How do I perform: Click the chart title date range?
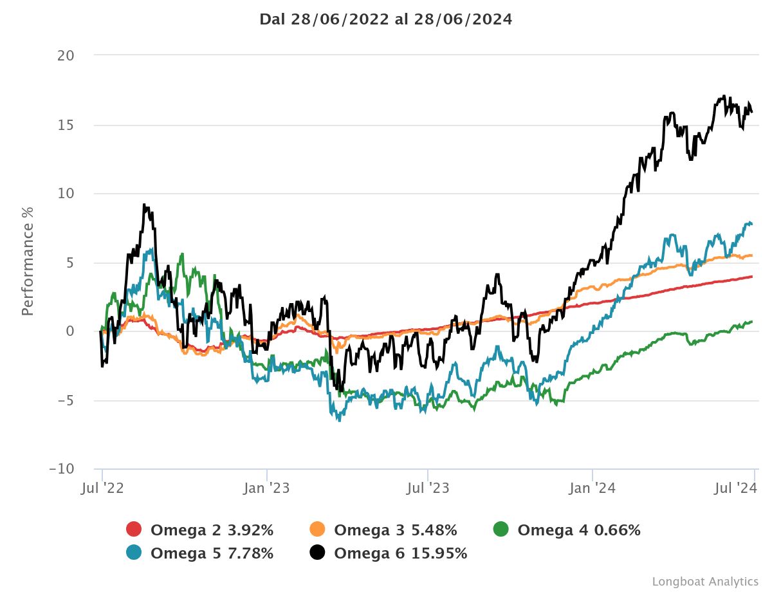click(386, 19)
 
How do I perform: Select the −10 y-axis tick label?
click(62, 469)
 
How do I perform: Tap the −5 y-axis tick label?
click(66, 400)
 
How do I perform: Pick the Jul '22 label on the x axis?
click(102, 488)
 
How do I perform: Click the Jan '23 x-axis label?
click(267, 488)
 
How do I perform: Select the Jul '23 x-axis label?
click(428, 488)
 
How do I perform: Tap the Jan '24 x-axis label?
click(593, 488)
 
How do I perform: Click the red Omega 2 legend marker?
click(134, 530)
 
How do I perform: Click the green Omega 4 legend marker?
click(501, 530)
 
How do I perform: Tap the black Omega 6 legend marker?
click(317, 553)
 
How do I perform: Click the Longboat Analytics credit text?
click(705, 581)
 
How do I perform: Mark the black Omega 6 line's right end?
click(751, 113)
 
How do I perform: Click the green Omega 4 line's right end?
click(751, 322)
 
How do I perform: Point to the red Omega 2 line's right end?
click(751, 277)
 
